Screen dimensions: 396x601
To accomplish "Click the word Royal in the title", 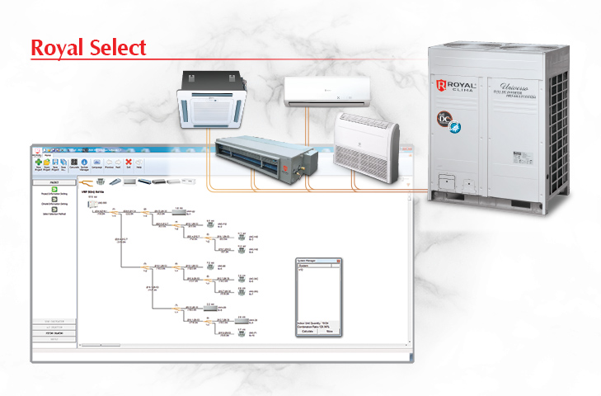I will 59,47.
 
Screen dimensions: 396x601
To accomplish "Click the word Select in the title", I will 119,47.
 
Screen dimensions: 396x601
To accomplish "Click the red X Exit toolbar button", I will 128,163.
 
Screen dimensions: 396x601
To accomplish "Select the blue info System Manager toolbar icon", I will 83,163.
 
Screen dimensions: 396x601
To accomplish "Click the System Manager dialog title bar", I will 313,260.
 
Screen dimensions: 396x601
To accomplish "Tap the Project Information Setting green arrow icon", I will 54,189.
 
